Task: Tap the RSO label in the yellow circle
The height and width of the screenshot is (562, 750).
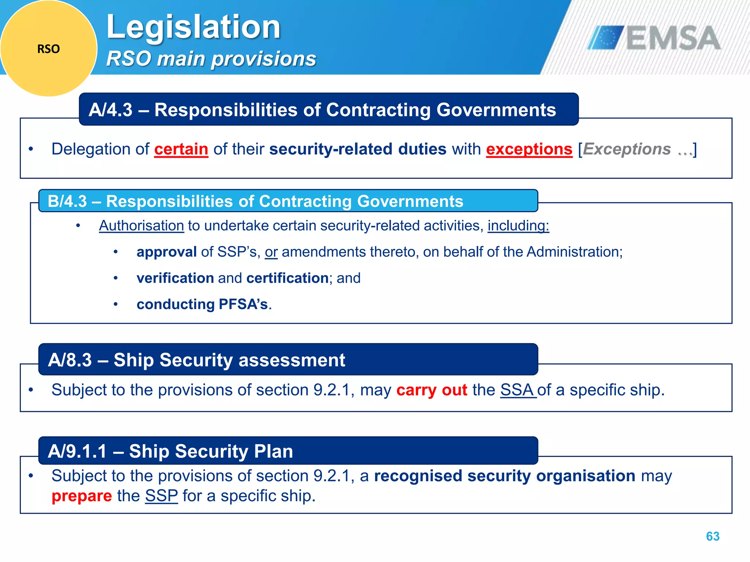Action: click(48, 49)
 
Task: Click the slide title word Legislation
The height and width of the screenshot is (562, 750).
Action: click(193, 27)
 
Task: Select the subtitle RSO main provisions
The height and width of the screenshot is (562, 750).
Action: click(211, 59)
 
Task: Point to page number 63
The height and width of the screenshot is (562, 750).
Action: click(712, 536)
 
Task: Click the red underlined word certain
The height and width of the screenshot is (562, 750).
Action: click(181, 149)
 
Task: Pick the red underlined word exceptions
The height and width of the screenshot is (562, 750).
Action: click(529, 149)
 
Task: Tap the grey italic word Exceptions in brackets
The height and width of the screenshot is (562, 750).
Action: click(627, 149)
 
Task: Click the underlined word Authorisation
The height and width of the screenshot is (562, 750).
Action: click(141, 226)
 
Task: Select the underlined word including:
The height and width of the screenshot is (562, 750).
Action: click(518, 226)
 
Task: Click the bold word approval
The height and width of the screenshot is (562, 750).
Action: click(166, 252)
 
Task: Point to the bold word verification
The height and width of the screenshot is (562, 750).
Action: click(175, 278)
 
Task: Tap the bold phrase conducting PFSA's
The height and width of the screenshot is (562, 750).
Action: click(202, 304)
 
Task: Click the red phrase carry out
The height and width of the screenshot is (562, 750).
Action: click(431, 390)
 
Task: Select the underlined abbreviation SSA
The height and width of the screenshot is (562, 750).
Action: click(517, 390)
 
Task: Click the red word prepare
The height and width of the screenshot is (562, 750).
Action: click(82, 496)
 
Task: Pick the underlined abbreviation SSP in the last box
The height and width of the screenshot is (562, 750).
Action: click(161, 496)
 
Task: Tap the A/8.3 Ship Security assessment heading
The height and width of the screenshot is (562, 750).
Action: click(196, 360)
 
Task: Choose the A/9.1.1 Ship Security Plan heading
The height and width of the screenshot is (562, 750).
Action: click(170, 451)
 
